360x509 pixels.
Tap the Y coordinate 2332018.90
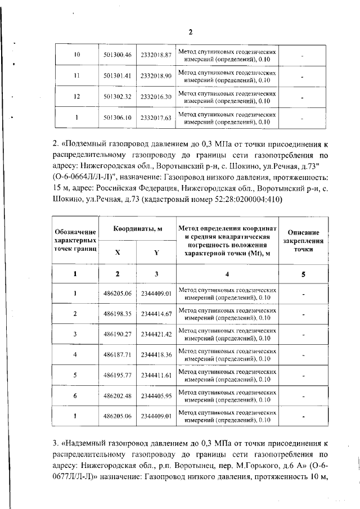click(x=156, y=75)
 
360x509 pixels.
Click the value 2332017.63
click(x=156, y=118)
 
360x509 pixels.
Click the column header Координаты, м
click(x=137, y=229)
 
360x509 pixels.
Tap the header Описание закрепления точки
click(x=303, y=240)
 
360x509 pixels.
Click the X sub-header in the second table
click(x=117, y=253)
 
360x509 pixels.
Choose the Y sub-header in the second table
click(x=156, y=253)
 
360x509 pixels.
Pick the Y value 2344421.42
click(x=156, y=335)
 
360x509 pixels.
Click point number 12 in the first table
click(x=76, y=97)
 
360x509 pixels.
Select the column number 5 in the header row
click(x=303, y=274)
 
